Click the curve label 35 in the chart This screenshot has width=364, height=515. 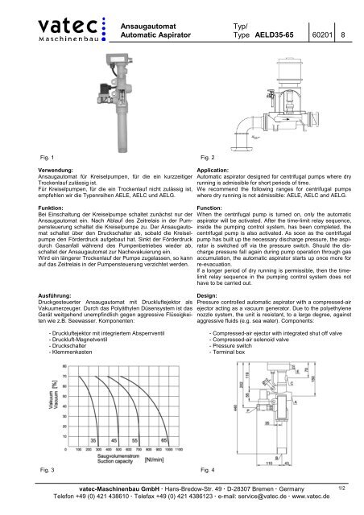coord(94,440)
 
